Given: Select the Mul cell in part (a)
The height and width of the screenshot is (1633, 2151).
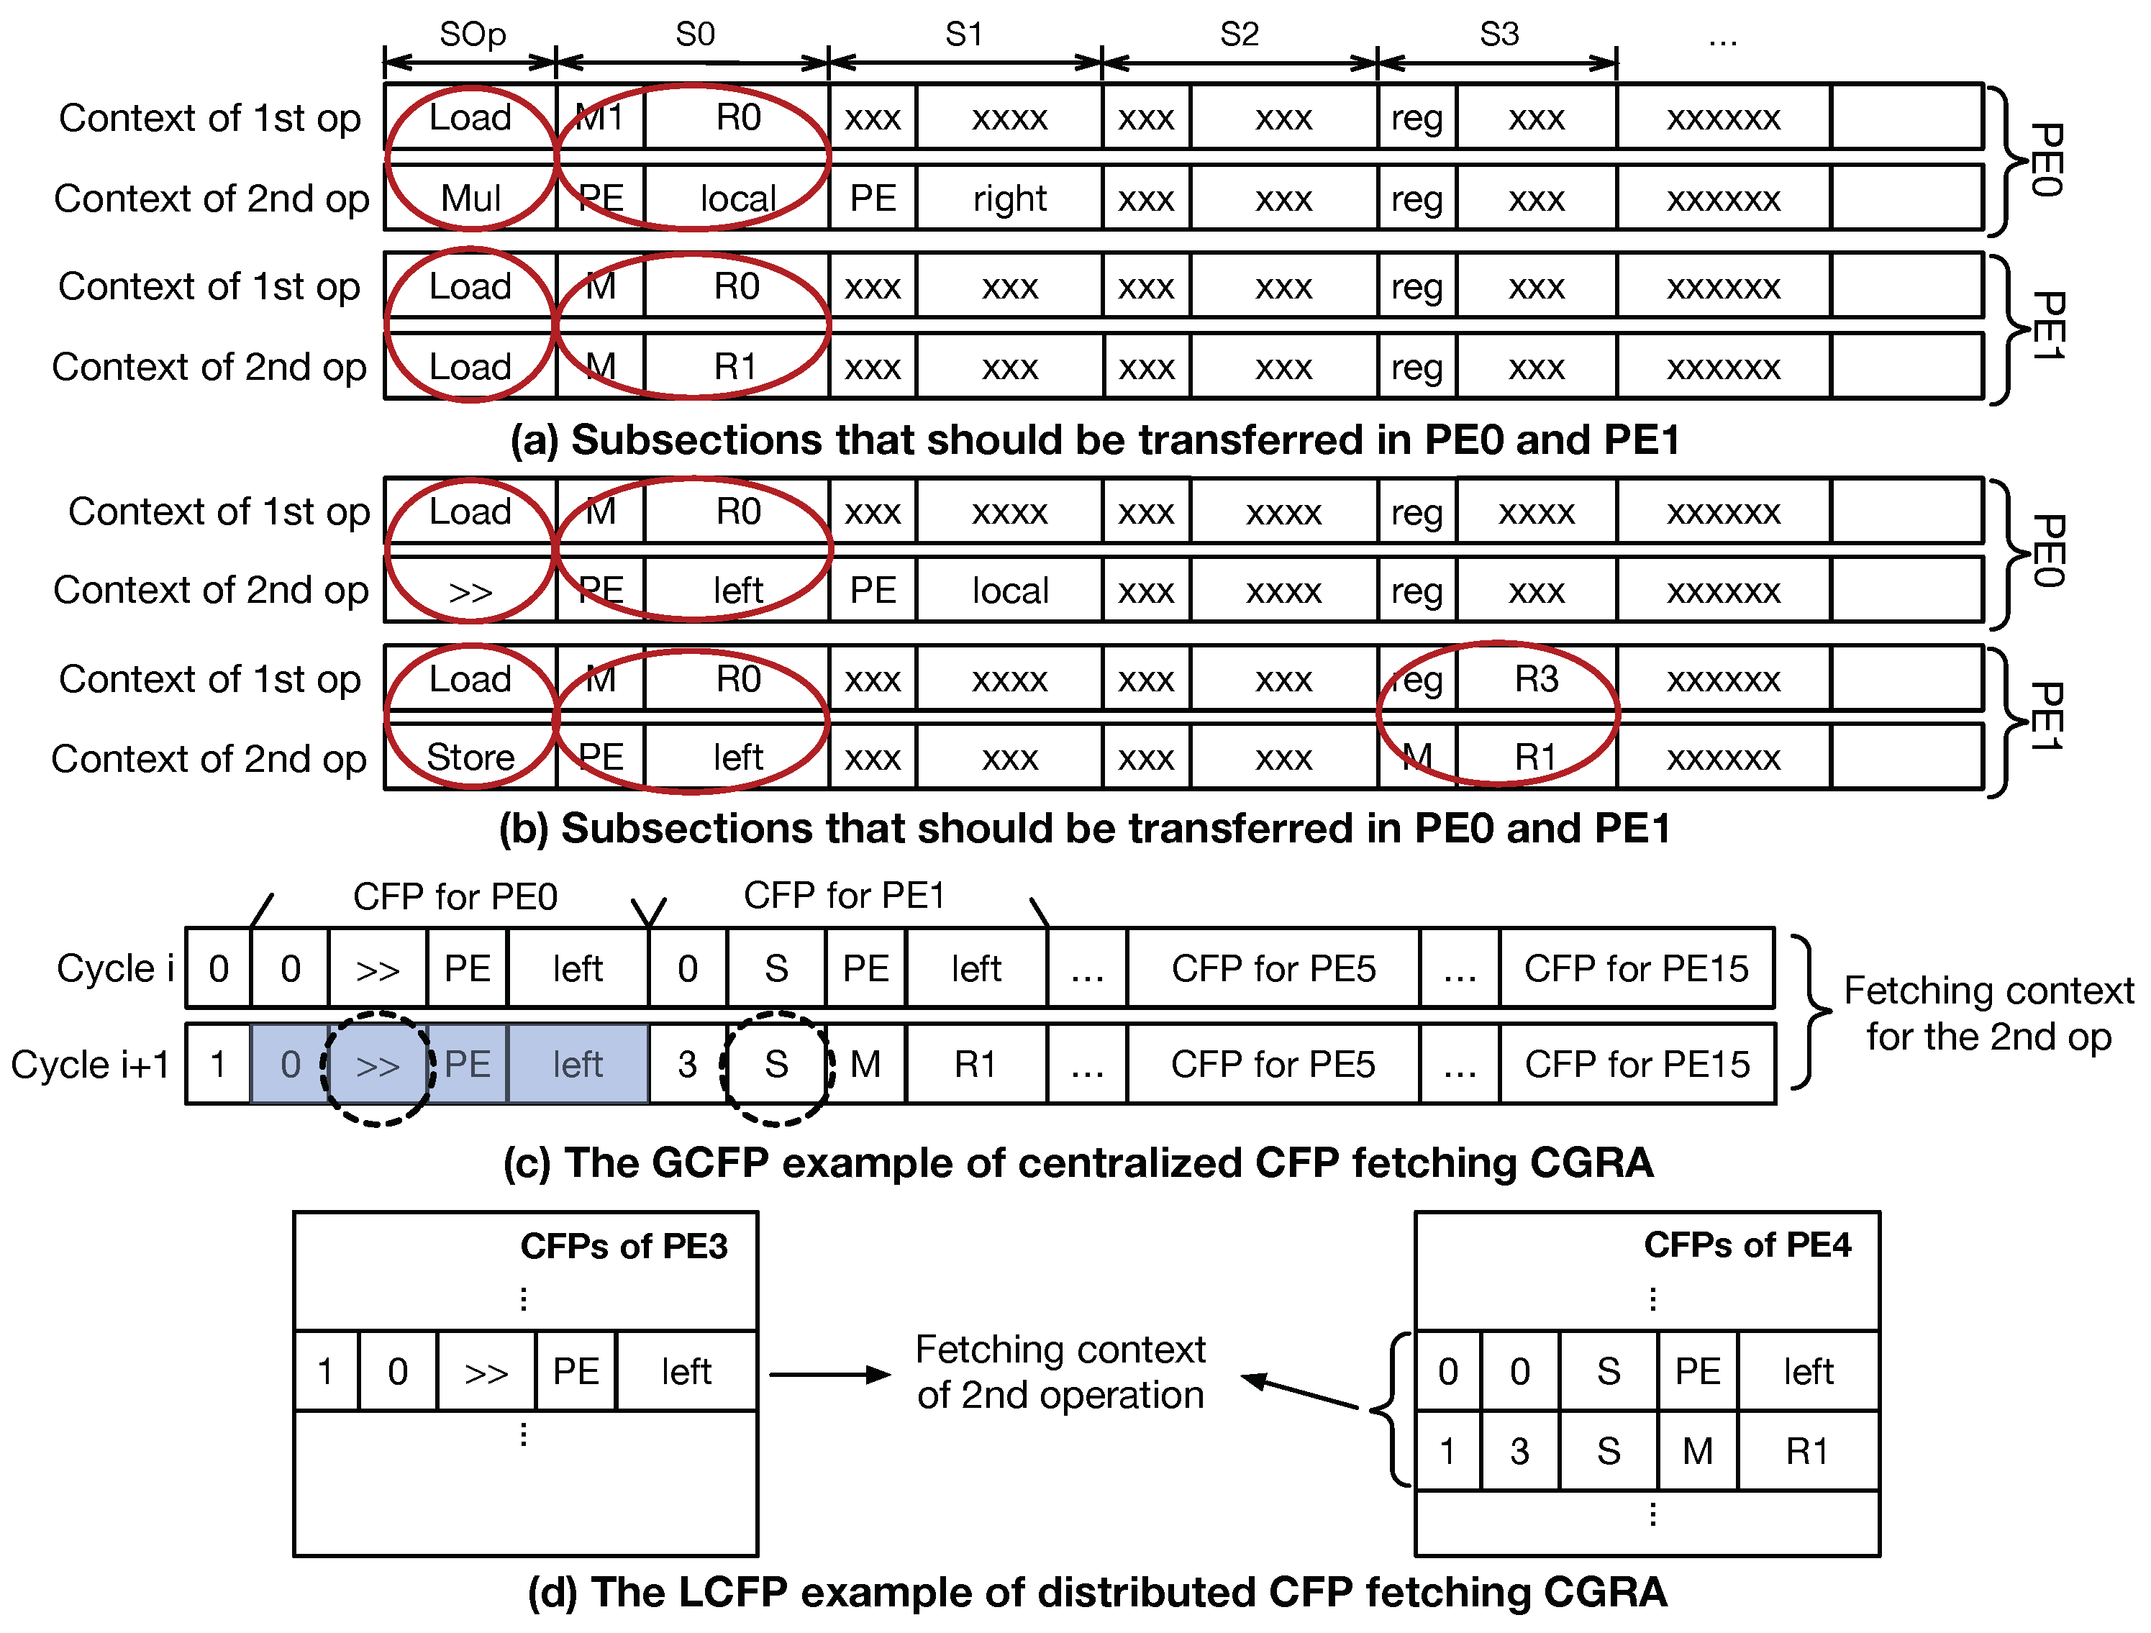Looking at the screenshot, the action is point(470,199).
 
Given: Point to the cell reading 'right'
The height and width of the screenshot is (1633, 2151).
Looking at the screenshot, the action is point(1009,199).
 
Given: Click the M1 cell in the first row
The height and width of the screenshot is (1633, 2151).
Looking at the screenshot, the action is point(600,118).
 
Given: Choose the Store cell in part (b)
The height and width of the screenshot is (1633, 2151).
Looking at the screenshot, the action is point(470,757).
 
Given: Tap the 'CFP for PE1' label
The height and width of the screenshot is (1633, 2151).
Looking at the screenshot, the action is point(844,896).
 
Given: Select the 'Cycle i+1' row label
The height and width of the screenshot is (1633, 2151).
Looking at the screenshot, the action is point(91,1064).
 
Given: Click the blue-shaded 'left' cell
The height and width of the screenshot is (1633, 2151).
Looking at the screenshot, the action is point(578,1064).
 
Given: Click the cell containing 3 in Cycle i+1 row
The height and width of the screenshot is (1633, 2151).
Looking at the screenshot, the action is point(688,1064).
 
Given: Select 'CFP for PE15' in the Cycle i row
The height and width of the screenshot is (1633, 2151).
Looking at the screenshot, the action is point(1637,969).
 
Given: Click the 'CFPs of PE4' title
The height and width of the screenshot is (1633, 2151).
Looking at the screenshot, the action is point(1747,1245).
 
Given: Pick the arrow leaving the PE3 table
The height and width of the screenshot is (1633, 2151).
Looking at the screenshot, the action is point(829,1374).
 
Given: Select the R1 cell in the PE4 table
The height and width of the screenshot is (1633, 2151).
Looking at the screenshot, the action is point(1806,1451).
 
